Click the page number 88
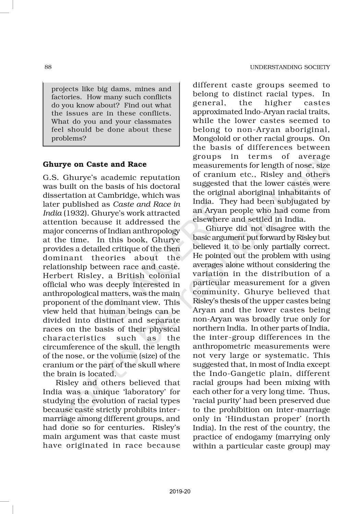(x=48, y=67)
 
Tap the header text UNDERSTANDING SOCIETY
(x=290, y=67)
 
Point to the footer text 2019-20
(x=180, y=491)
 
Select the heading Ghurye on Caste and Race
(x=95, y=164)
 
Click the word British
(x=131, y=276)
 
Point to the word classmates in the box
(x=153, y=122)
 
